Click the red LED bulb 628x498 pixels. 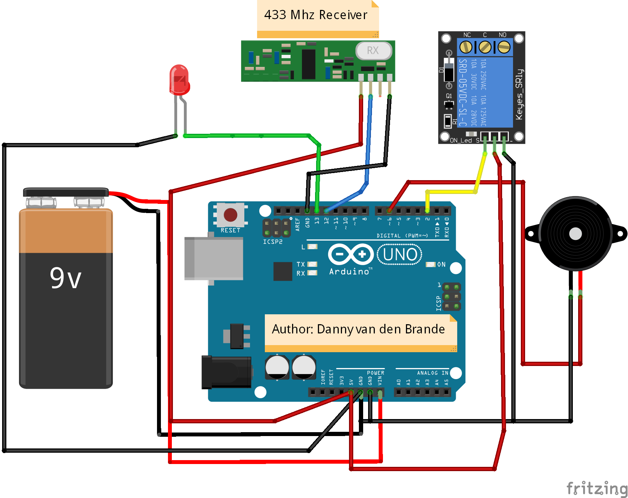179,80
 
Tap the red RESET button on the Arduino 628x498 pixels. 230,215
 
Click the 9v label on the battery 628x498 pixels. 66,278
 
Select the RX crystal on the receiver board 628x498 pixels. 373,51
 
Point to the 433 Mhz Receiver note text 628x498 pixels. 316,15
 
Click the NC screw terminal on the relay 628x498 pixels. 466,47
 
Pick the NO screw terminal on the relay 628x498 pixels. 504,47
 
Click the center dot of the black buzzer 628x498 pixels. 575,234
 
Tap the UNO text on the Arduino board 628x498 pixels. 400,254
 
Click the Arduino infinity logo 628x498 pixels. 351,254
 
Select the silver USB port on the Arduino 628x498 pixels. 214,259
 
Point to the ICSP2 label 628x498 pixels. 273,242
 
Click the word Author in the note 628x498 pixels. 292,329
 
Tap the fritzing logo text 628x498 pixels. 597,488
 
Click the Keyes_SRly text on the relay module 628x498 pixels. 519,94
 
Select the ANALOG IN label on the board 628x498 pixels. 432,373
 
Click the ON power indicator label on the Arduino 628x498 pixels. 441,264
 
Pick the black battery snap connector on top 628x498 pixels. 66,192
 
